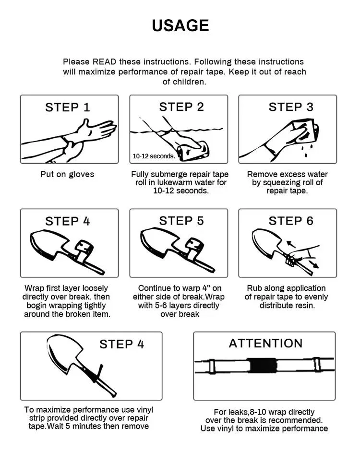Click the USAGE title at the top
180,25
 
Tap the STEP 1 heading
68,107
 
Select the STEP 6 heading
291,221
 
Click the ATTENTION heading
265,343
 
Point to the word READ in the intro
104,62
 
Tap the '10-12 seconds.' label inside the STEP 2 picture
154,156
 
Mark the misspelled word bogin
36,306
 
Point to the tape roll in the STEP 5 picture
195,246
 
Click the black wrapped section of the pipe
263,366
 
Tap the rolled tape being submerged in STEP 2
192,150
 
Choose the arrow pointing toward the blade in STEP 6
291,244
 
